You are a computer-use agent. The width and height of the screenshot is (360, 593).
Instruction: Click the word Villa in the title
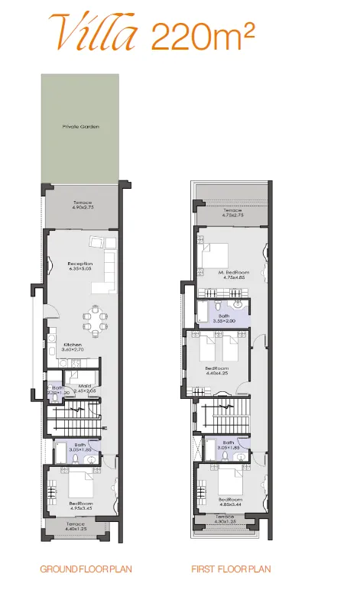click(95, 31)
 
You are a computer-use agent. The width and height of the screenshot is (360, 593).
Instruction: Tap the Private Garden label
click(81, 127)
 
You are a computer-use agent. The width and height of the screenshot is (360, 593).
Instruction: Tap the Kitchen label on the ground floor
click(73, 345)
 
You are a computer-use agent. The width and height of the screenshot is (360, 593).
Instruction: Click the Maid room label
click(85, 386)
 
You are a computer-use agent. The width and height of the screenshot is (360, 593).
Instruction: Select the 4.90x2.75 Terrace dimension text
click(82, 207)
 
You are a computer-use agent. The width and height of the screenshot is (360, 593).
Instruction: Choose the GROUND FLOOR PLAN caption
click(79, 569)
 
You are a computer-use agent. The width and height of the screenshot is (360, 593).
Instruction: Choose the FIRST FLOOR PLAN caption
click(232, 569)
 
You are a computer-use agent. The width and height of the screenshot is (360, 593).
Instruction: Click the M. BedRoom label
click(231, 273)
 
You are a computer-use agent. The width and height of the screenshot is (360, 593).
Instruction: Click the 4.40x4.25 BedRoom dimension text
click(217, 373)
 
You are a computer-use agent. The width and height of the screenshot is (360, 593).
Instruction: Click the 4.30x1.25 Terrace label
click(225, 521)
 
